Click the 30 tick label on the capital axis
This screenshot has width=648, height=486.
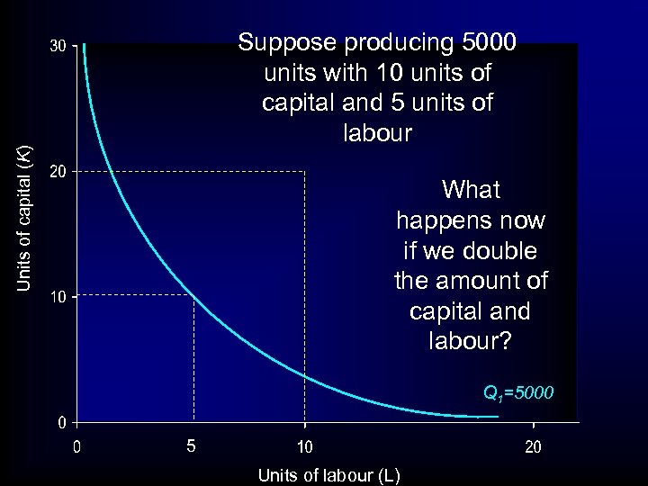(x=57, y=45)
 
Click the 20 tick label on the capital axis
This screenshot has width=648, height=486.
(x=57, y=171)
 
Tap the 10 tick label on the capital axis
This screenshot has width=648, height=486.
(x=57, y=296)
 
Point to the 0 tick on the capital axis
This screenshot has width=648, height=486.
(x=60, y=422)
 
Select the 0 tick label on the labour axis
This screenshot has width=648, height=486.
(x=77, y=445)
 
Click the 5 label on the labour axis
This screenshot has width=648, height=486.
(x=190, y=445)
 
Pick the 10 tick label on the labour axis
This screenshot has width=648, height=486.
(x=305, y=445)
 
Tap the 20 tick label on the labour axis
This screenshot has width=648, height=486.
(x=533, y=445)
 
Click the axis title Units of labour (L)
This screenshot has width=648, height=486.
(x=328, y=474)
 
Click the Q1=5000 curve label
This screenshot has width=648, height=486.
(x=518, y=393)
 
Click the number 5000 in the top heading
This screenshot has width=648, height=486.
(x=486, y=42)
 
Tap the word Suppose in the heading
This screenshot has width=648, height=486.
(x=283, y=42)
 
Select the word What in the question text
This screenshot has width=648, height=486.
(x=472, y=190)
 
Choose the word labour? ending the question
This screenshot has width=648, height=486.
(x=471, y=342)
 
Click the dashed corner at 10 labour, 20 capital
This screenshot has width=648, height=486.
(x=305, y=171)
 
